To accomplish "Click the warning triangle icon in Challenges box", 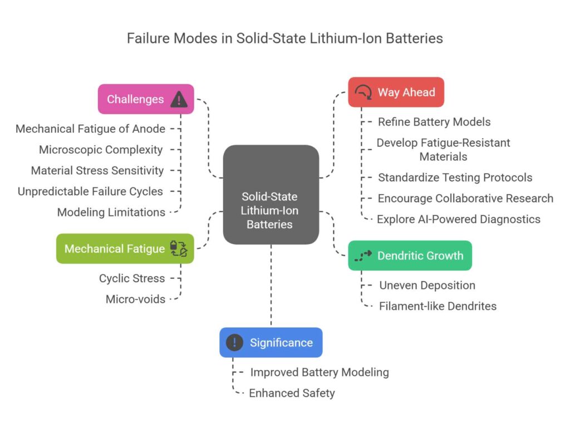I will [179, 100].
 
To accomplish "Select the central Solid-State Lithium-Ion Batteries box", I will [271, 195].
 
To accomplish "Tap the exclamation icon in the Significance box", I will [235, 343].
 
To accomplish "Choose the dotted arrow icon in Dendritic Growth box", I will [363, 256].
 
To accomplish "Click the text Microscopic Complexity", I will [101, 150].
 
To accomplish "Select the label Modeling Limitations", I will [111, 212].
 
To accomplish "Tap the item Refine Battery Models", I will [434, 121].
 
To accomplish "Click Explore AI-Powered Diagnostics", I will [458, 219].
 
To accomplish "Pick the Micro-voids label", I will [135, 299].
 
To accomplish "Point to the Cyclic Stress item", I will [132, 278].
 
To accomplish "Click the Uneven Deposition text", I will [427, 286].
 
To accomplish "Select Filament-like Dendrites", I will [438, 306].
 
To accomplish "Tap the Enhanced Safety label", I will [292, 393].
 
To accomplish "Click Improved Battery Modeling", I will [319, 372].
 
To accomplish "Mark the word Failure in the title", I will [147, 38].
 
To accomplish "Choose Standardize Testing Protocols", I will [455, 178].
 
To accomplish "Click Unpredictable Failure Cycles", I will [90, 191].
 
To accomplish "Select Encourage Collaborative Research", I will [465, 198].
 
